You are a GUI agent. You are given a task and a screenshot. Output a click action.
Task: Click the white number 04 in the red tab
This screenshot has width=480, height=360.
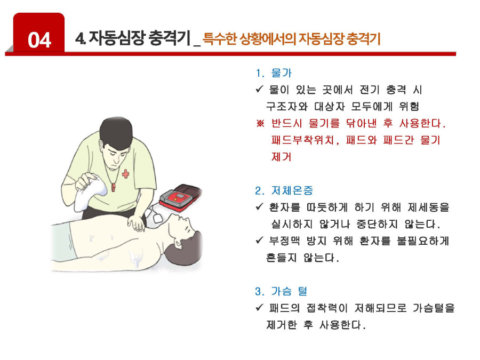tap(39, 40)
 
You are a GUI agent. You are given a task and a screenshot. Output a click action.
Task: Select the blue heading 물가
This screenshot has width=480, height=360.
tap(281, 73)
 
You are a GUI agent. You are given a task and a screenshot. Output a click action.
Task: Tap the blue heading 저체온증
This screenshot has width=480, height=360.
tap(292, 190)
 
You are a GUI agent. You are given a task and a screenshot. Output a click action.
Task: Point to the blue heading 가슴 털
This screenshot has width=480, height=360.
tap(289, 291)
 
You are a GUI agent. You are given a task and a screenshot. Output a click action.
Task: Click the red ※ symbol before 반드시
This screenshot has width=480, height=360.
tap(260, 124)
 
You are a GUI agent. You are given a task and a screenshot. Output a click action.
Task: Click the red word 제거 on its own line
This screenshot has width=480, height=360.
tap(281, 157)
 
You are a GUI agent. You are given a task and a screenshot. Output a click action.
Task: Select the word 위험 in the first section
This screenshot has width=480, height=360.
tap(409, 106)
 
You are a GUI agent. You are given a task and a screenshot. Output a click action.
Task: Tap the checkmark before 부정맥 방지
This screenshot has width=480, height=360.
tap(259, 241)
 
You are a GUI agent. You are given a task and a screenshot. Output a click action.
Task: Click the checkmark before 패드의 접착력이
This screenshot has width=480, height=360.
tap(259, 307)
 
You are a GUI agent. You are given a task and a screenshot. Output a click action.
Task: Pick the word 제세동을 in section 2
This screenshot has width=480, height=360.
tap(428, 207)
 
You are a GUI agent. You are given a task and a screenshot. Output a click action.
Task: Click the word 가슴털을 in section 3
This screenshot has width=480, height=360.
tap(434, 308)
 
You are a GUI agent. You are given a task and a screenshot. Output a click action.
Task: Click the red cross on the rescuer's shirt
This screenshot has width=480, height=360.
tap(125, 173)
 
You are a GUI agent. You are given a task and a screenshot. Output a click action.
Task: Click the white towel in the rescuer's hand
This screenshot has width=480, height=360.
tap(90, 192)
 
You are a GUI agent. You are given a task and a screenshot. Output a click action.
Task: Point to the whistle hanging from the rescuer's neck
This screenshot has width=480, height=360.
tap(113, 187)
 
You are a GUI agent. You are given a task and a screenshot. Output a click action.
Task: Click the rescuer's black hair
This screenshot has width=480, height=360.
tap(116, 132)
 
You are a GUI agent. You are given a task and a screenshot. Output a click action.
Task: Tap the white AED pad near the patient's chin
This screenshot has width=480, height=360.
tap(158, 218)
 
